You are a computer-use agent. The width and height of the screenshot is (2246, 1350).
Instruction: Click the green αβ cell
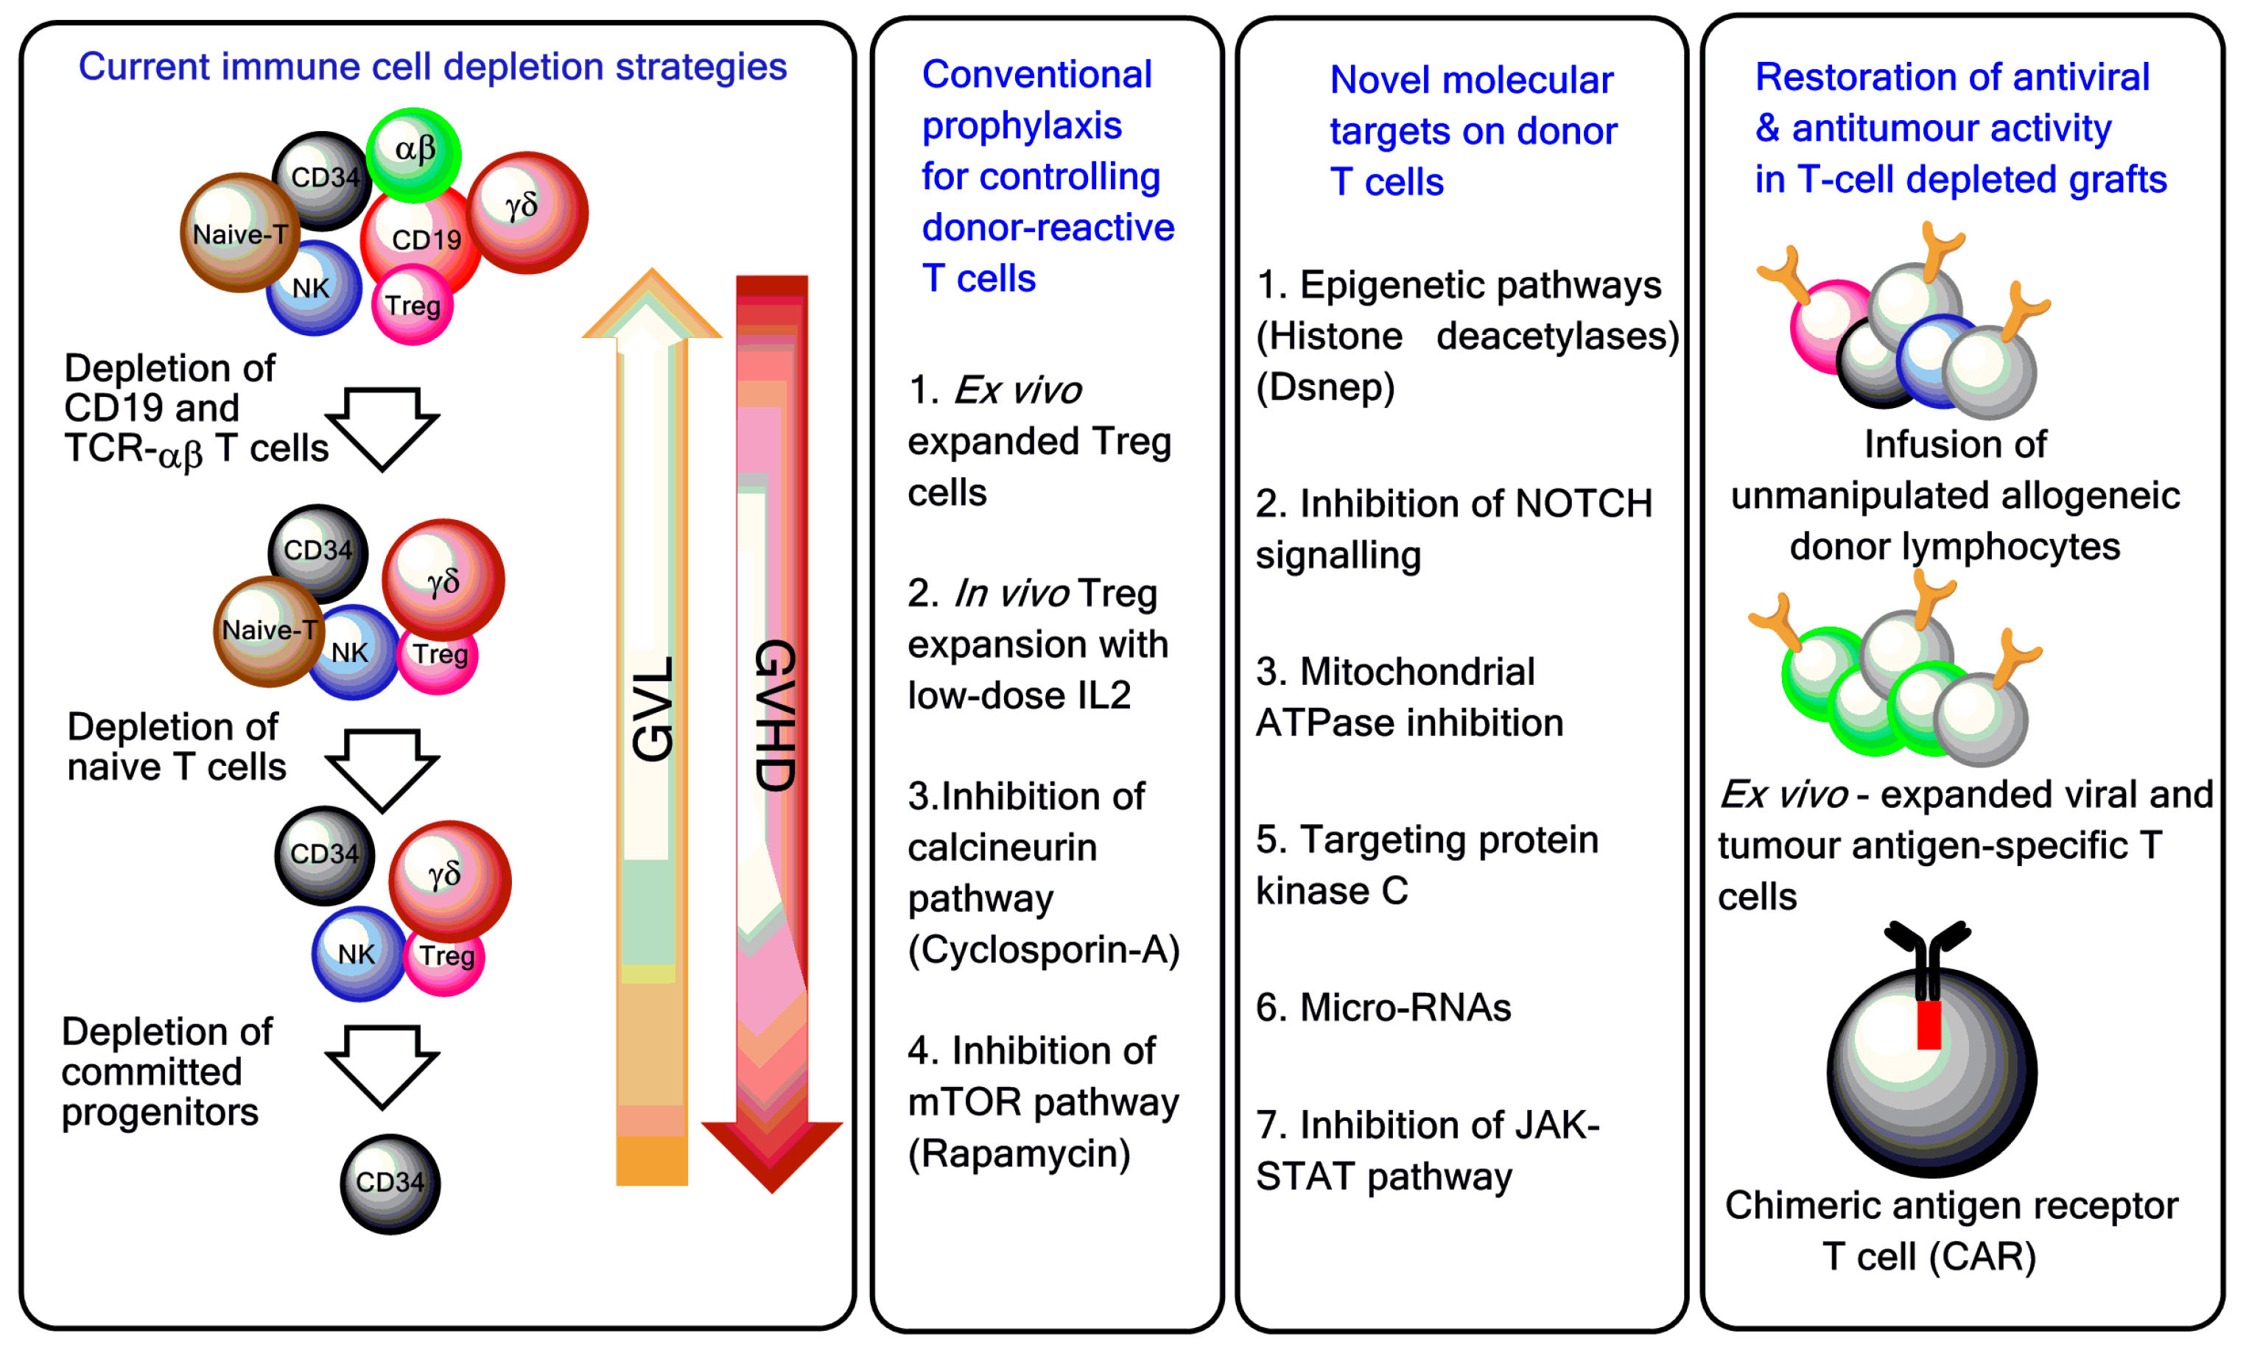coord(414,153)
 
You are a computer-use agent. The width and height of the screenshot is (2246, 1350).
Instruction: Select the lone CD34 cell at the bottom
coord(390,1184)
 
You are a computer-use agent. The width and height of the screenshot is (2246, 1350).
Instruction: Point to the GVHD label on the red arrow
coord(775,715)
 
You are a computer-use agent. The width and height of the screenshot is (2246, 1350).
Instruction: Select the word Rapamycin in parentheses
coord(1019,1153)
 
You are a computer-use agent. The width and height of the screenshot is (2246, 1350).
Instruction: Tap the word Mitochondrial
coord(1417,672)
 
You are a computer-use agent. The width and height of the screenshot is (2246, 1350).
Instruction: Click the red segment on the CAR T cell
coord(1929,1025)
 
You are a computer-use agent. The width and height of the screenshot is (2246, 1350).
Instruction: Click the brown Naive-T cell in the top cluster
coord(239,233)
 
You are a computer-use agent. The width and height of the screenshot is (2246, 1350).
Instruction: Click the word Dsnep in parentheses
coord(1324,387)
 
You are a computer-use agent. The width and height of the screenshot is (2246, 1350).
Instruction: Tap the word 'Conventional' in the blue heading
coord(1036,74)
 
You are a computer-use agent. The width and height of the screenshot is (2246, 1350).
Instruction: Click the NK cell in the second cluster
coord(352,653)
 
